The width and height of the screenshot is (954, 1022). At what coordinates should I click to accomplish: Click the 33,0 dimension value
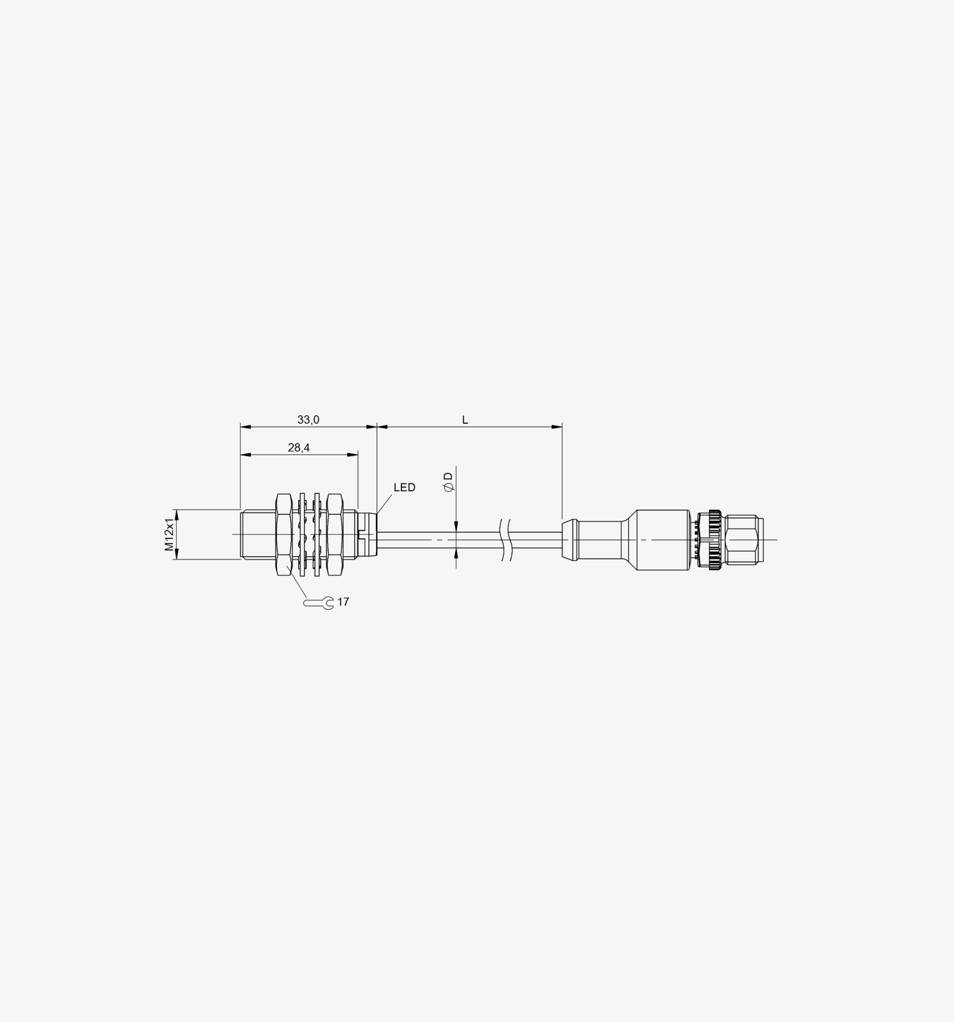pos(308,420)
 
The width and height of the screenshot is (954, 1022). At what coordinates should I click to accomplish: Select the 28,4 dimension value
pos(299,448)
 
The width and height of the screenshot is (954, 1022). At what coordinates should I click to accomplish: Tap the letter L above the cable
pos(465,420)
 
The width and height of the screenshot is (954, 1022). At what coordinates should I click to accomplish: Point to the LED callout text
pos(404,487)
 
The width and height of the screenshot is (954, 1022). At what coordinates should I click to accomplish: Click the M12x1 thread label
pos(169,535)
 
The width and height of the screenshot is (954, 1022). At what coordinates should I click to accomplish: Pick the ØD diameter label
pos(449,482)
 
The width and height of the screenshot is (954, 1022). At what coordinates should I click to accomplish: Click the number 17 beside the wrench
pos(343,602)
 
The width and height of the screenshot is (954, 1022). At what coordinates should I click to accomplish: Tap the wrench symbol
pos(318,602)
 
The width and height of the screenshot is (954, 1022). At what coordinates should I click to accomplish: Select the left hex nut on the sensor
pos(284,535)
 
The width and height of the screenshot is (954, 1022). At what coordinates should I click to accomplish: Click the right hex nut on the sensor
pos(335,535)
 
